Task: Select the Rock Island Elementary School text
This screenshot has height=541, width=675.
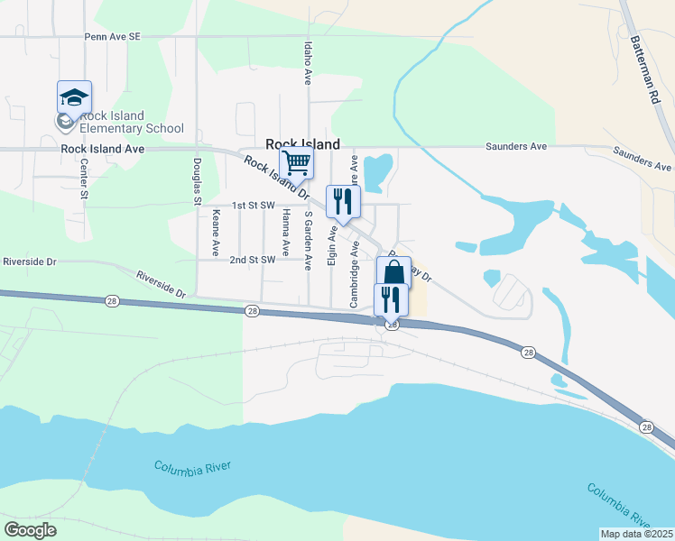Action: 132,122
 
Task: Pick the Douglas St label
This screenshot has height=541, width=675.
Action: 197,183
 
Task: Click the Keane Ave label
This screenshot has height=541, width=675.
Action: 217,233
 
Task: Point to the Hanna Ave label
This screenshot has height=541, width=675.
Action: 286,231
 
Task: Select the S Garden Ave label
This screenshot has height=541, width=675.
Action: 309,241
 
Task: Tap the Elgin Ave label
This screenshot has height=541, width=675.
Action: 333,245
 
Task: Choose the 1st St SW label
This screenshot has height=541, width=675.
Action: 253,206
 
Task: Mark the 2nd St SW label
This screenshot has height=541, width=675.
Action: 252,260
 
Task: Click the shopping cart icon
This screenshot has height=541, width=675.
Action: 297,163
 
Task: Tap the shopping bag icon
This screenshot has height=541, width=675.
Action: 393,272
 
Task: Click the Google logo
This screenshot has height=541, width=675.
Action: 30,530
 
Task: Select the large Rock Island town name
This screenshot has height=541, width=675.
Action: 302,144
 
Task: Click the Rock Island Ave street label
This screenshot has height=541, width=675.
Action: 103,149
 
